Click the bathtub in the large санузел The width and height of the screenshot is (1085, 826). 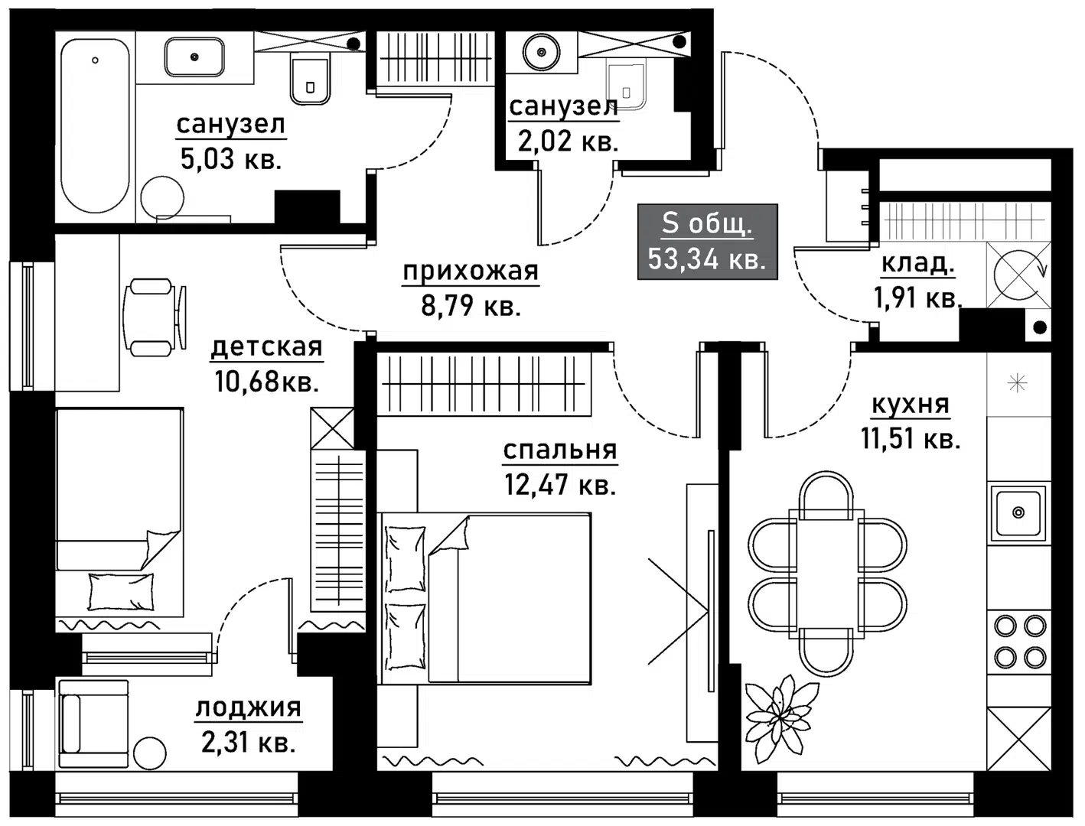pyautogui.click(x=95, y=126)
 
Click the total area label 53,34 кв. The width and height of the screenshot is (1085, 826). pyautogui.click(x=706, y=259)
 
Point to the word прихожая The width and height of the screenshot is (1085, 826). pyautogui.click(x=471, y=271)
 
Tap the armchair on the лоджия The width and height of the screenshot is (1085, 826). pyautogui.click(x=93, y=723)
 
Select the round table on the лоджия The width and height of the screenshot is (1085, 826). pyautogui.click(x=149, y=754)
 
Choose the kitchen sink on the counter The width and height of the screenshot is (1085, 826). pyautogui.click(x=1017, y=512)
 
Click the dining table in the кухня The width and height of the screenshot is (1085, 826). pyautogui.click(x=827, y=574)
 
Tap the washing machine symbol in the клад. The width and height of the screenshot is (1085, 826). pyautogui.click(x=1017, y=274)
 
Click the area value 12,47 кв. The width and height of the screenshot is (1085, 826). pyautogui.click(x=560, y=484)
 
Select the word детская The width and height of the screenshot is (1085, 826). pyautogui.click(x=266, y=347)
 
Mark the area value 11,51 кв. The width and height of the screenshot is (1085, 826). pyautogui.click(x=910, y=439)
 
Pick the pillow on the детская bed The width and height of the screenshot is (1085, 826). pyautogui.click(x=121, y=592)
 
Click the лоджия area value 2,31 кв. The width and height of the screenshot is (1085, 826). pyautogui.click(x=248, y=742)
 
